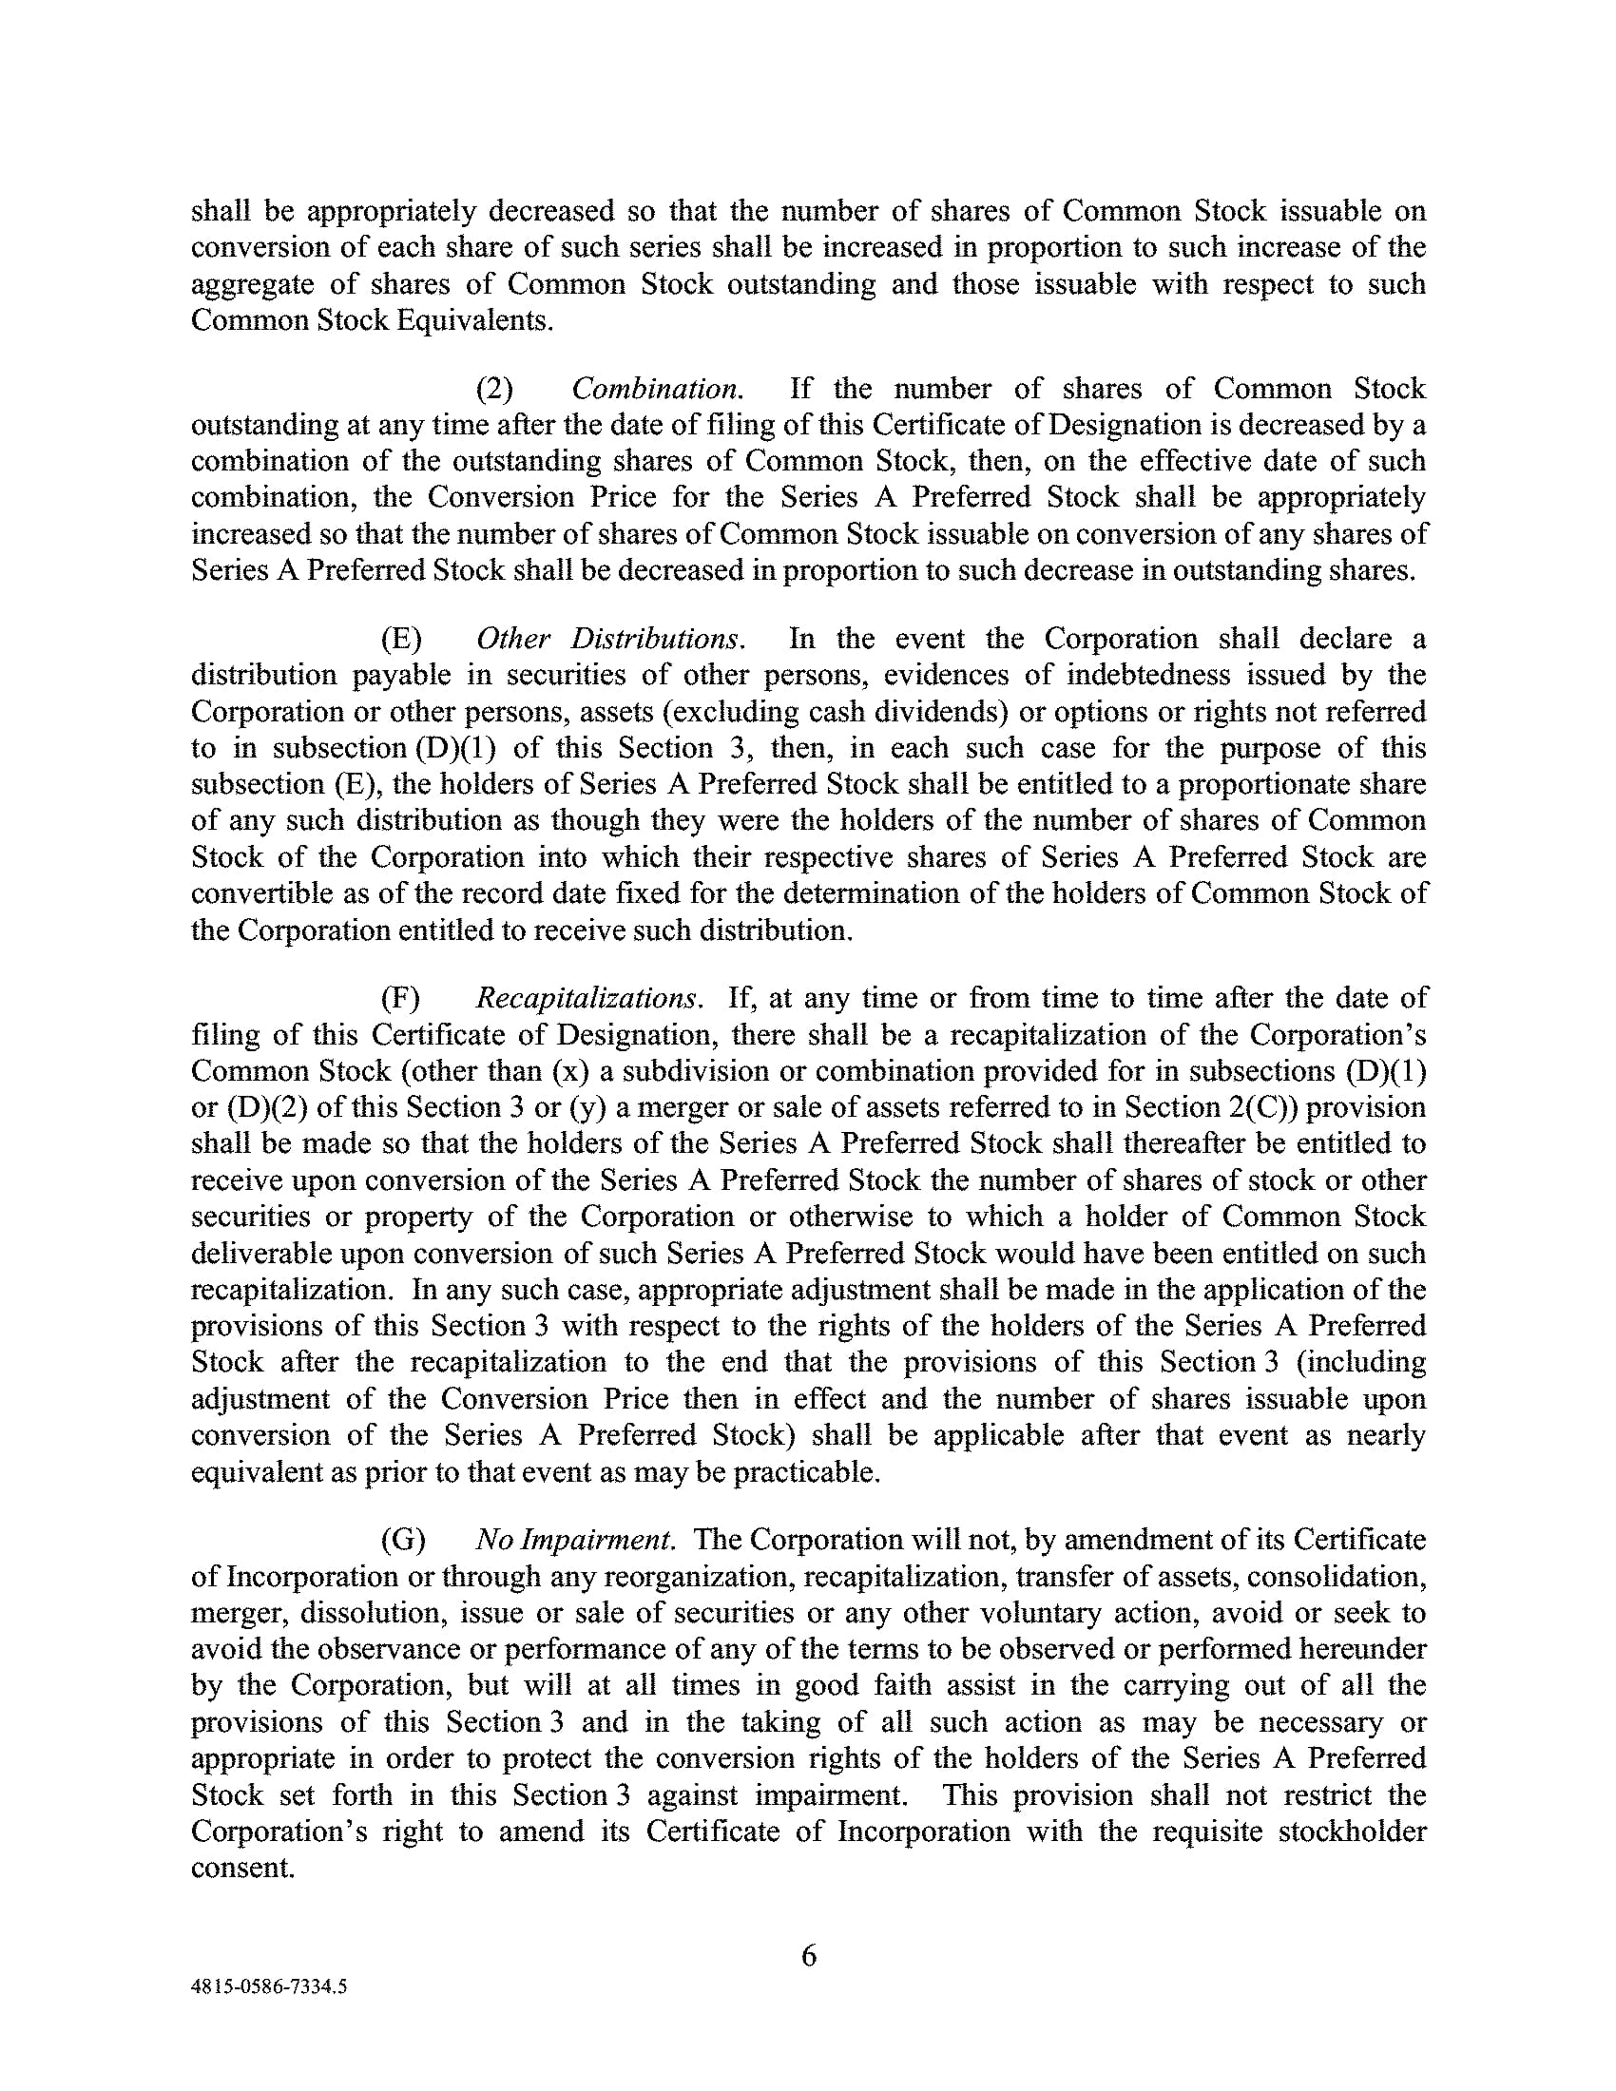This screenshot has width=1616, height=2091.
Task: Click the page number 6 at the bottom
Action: (x=808, y=1955)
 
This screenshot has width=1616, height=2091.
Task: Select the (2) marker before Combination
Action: (x=495, y=389)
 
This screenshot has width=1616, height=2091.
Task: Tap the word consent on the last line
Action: (x=241, y=1868)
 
